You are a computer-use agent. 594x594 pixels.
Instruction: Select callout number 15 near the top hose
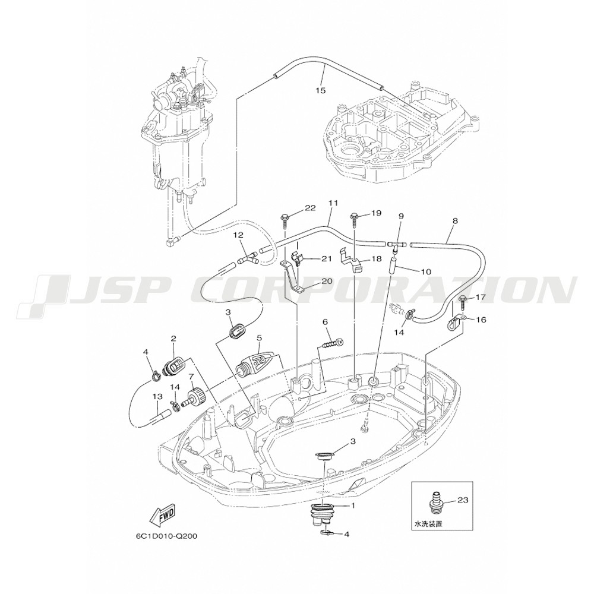coord(321,90)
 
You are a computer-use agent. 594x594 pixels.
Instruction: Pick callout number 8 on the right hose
coord(456,221)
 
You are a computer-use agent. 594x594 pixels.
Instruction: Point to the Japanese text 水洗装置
coord(428,525)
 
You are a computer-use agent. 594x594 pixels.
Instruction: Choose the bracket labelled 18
coord(351,261)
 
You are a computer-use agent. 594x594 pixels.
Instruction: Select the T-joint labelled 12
coord(248,260)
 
